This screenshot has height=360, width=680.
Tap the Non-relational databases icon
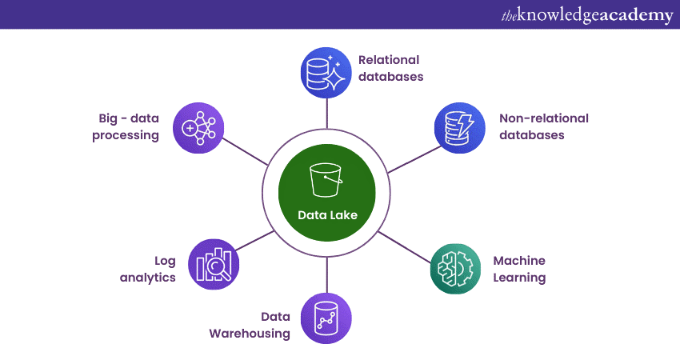tap(458, 126)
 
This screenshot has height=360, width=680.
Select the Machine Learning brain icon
tap(454, 270)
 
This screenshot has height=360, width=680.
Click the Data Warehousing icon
tap(326, 318)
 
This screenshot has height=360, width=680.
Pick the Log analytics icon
tap(214, 263)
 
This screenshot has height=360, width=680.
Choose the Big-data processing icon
tap(198, 127)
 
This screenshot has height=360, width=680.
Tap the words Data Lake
tap(326, 214)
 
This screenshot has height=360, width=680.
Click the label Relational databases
tap(390, 68)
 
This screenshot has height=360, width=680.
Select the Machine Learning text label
tap(519, 270)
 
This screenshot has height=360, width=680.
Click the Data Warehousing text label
tap(250, 324)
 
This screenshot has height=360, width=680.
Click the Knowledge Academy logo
tap(586, 15)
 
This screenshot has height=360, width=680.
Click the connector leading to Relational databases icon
tap(326, 112)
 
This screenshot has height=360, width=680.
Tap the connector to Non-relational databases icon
tap(411, 159)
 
